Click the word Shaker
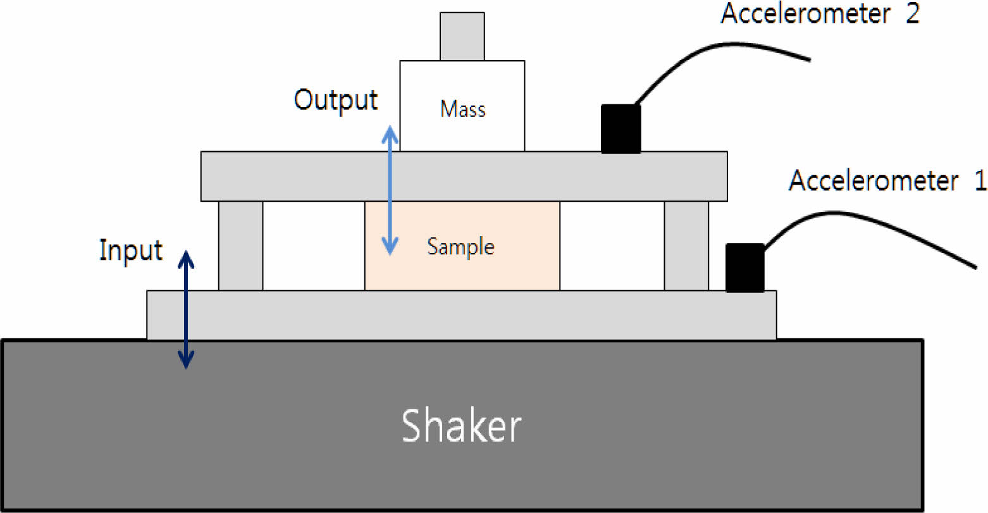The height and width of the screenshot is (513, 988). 461,425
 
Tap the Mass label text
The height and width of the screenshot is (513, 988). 462,109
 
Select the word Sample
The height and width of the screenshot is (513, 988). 460,246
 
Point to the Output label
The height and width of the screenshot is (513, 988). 336,101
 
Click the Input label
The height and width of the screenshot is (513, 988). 131,250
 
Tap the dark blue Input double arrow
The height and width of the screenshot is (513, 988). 185,309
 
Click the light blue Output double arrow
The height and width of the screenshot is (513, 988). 390,190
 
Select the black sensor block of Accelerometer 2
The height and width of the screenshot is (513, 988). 621,128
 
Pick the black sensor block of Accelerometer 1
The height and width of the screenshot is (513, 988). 744,268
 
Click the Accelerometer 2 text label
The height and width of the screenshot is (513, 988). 820,14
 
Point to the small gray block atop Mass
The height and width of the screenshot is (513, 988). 462,37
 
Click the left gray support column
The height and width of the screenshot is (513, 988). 240,245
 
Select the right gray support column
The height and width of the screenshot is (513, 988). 686,245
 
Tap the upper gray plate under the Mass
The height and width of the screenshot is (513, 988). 464,176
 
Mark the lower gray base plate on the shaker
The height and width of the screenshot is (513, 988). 461,315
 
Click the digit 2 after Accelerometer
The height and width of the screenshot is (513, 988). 911,14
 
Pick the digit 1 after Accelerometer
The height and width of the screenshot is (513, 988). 980,181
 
